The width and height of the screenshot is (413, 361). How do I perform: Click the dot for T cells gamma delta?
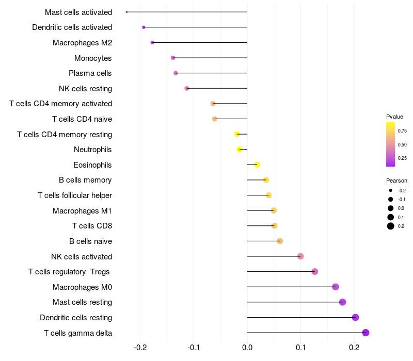[366, 333]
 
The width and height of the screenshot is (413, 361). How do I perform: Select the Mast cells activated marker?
[126, 12]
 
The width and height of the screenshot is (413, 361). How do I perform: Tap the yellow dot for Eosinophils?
[257, 165]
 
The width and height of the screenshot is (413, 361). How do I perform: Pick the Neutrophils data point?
[240, 150]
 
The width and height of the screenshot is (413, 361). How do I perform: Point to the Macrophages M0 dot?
[336, 287]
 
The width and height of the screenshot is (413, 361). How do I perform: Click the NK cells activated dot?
[300, 256]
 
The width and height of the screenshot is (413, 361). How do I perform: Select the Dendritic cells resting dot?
[355, 317]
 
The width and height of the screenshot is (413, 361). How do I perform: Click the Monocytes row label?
[93, 58]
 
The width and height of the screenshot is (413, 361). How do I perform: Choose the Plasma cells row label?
[90, 73]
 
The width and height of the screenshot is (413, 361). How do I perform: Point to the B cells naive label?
[90, 241]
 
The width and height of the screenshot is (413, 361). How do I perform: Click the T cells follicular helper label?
[75, 195]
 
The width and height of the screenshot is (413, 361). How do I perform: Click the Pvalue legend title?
[394, 117]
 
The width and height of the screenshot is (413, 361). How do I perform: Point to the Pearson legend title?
[396, 180]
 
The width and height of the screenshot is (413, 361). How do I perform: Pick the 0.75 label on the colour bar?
[402, 130]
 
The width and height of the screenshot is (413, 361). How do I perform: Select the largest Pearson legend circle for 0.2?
[391, 226]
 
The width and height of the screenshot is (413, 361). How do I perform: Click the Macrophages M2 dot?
[152, 43]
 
